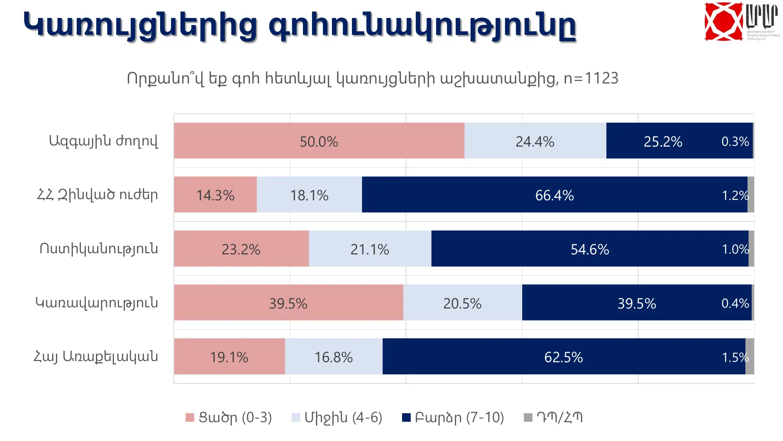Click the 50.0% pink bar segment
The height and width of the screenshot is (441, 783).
click(319, 141)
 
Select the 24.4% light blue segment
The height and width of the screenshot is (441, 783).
click(535, 141)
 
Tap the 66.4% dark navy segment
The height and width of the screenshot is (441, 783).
click(554, 195)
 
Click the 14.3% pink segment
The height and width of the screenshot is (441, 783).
click(215, 195)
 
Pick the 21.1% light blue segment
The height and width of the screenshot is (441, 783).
click(370, 249)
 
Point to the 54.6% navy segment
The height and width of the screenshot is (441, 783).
click(590, 249)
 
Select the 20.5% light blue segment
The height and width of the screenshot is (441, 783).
click(462, 303)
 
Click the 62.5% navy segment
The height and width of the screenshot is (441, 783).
click(563, 357)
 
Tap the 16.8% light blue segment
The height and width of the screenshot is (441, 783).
click(334, 357)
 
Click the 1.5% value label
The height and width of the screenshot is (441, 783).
click(735, 357)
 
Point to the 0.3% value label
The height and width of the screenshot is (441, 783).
click(735, 141)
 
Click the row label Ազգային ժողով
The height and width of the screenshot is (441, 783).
click(103, 141)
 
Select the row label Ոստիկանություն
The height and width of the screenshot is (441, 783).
click(99, 249)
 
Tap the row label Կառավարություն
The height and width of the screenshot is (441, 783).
click(97, 303)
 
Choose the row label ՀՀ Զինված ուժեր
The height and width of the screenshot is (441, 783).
click(97, 195)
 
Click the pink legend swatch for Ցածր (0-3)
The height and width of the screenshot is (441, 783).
click(190, 417)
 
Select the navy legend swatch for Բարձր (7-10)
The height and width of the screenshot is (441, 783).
click(406, 417)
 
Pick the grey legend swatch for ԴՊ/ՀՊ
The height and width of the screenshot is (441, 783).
click(528, 417)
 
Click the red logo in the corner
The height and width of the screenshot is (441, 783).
click(723, 21)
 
